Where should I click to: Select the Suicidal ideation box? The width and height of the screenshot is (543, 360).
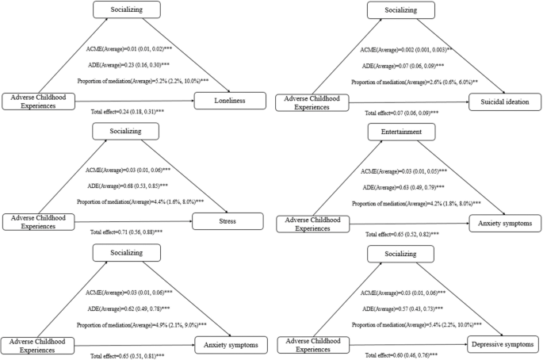(500, 101)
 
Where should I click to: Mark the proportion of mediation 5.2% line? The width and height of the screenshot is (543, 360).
(143, 81)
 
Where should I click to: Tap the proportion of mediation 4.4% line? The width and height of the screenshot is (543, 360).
(143, 203)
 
